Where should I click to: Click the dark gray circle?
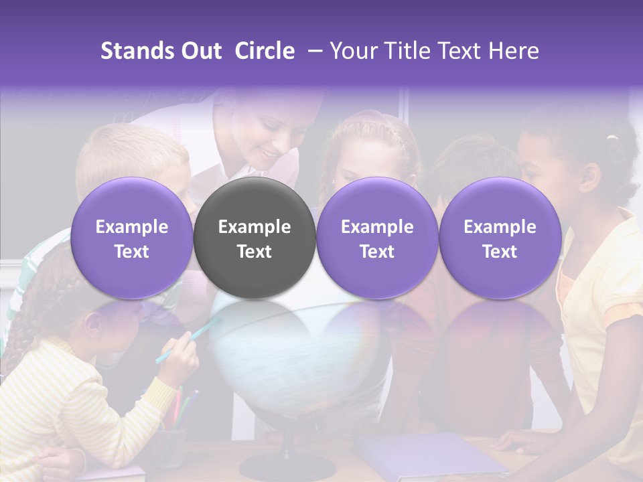[255, 238]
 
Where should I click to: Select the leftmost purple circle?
[131, 238]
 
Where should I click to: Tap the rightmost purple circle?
[500, 238]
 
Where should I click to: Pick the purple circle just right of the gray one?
[377, 238]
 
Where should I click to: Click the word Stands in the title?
[137, 51]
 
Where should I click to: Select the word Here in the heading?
[514, 51]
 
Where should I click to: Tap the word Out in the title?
[200, 51]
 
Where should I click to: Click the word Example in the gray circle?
[255, 227]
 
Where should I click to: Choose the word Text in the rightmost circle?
[500, 252]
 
